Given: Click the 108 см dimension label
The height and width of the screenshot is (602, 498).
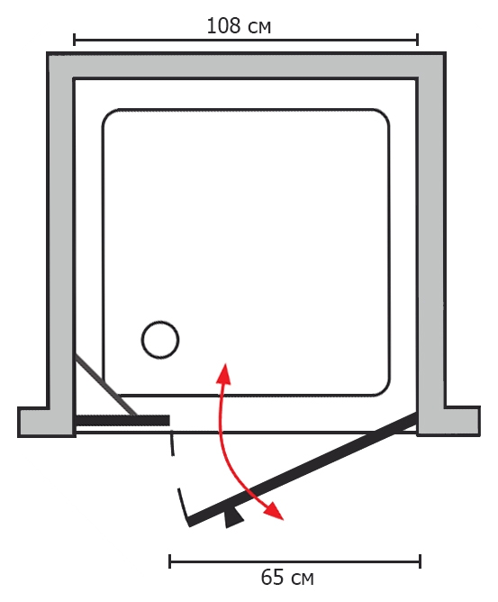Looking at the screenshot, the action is click(x=239, y=26).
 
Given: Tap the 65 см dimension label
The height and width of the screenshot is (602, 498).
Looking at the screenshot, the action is click(x=287, y=578).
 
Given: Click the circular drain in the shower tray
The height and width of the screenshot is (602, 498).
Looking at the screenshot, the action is click(x=160, y=340).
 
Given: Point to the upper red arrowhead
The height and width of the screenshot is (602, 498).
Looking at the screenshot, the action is click(x=224, y=374).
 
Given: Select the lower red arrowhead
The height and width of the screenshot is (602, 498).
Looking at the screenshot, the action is click(x=274, y=511).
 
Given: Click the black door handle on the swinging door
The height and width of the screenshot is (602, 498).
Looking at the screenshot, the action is click(x=233, y=517).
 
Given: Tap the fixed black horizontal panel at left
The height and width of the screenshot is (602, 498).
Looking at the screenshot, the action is click(x=122, y=420).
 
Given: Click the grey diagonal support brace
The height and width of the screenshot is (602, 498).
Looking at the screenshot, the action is click(x=105, y=385).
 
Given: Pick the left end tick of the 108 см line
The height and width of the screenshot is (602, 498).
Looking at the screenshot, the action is click(x=75, y=40).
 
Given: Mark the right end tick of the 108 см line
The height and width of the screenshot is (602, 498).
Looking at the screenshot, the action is click(x=417, y=40).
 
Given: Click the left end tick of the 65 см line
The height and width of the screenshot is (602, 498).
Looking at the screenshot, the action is click(x=170, y=561).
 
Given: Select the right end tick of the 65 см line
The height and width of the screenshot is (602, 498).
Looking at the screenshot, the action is click(x=421, y=561).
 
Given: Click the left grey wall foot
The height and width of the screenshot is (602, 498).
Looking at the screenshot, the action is click(x=47, y=421).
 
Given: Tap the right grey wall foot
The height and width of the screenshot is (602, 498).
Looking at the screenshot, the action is click(x=448, y=421).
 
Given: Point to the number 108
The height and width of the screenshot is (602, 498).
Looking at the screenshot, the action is click(x=223, y=26).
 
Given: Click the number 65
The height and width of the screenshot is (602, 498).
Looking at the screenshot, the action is click(x=272, y=577).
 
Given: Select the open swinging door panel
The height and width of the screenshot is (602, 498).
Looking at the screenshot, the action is click(x=303, y=470).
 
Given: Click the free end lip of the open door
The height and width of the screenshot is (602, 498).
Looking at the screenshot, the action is click(x=184, y=506).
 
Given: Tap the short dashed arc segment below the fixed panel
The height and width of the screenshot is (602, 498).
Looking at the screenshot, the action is click(x=172, y=443).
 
